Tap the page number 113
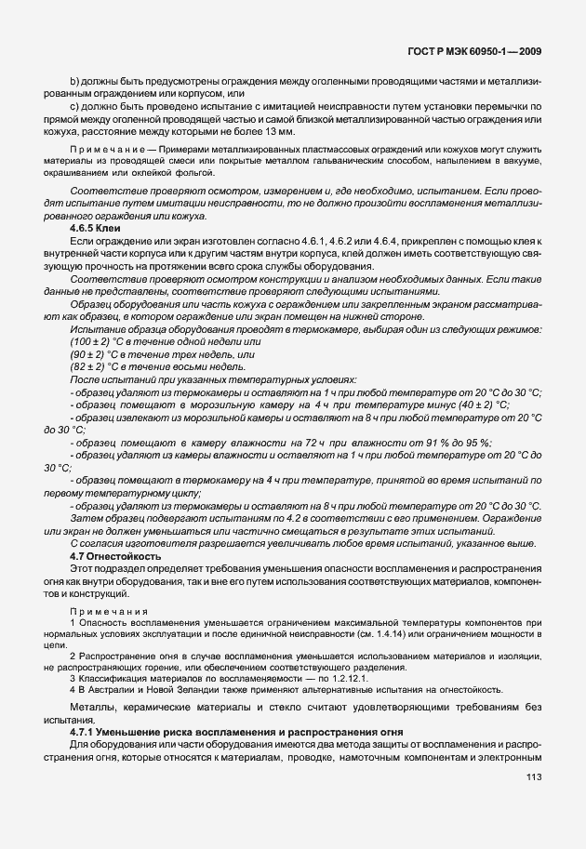coord(533,803)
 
